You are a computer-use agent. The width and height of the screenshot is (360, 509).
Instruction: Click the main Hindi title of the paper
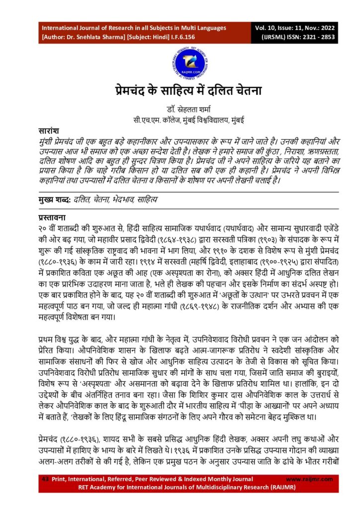180,91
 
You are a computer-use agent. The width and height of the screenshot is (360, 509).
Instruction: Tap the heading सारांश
49,130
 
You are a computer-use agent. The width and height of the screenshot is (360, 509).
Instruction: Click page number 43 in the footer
44,479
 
